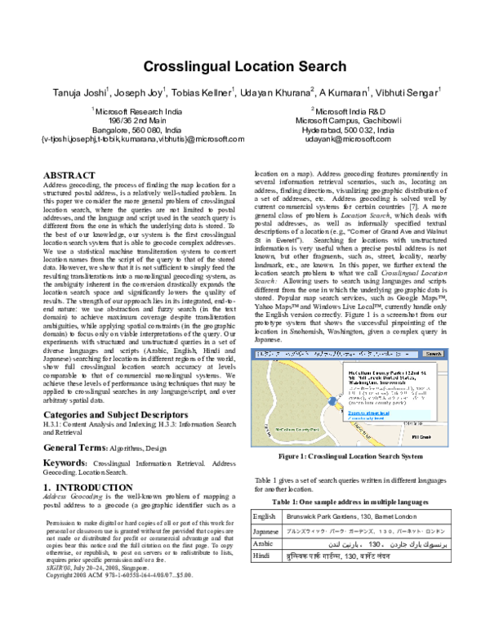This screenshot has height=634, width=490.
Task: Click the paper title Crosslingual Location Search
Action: click(244, 69)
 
